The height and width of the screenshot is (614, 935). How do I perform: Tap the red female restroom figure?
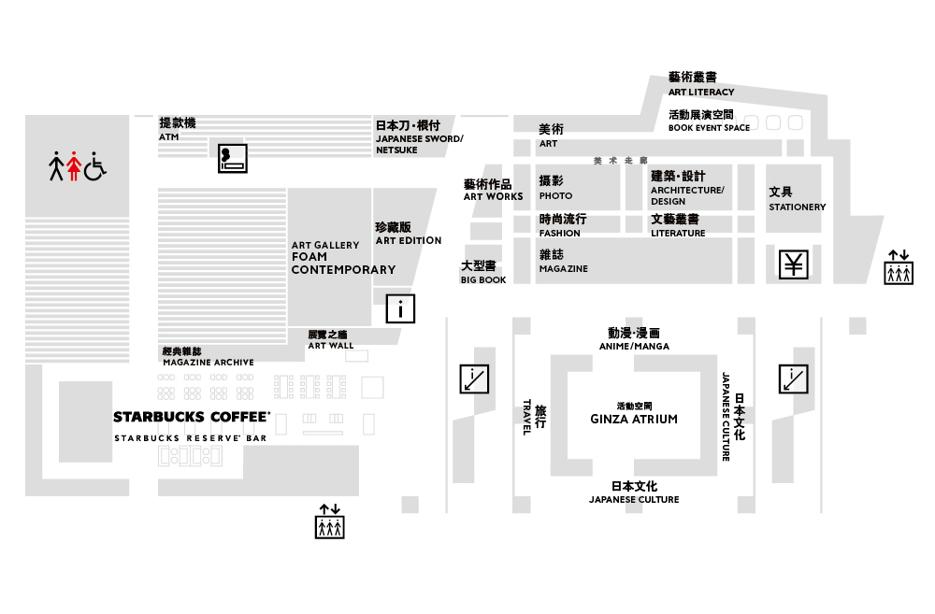tap(74, 166)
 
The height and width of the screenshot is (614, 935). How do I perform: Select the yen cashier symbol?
tap(794, 264)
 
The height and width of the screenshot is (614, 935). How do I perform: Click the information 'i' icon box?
tap(401, 307)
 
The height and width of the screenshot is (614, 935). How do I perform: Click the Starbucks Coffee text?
tap(192, 417)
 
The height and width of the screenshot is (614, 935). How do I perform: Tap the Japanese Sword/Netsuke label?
tap(419, 137)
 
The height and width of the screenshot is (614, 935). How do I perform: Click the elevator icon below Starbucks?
tap(330, 521)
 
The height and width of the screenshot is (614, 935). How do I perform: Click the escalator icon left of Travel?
tap(474, 378)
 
